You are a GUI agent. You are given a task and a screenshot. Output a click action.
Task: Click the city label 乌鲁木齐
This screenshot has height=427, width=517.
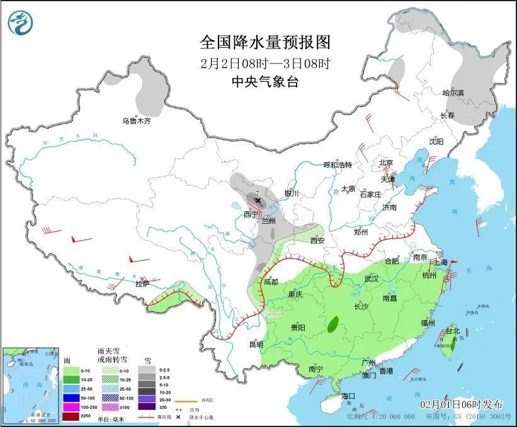click(x=137, y=120)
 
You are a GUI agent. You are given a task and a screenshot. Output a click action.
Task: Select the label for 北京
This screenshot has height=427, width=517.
click(x=386, y=163)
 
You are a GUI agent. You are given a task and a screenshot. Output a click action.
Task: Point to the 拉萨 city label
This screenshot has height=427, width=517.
click(x=142, y=284)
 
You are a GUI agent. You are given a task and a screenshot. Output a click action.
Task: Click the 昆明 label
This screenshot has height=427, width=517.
click(x=255, y=344)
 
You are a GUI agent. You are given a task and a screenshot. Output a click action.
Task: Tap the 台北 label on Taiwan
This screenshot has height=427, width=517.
click(x=453, y=331)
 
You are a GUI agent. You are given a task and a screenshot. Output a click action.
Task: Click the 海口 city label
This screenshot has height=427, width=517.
click(x=349, y=396)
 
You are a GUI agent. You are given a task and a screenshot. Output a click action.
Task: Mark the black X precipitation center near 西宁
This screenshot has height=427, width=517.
click(x=258, y=201)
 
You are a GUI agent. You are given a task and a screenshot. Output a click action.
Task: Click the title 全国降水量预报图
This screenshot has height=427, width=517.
click(x=264, y=42)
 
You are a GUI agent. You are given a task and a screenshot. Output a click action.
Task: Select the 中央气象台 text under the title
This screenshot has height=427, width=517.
click(x=264, y=81)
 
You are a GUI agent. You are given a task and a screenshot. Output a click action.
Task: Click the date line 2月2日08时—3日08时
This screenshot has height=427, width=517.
click(x=264, y=63)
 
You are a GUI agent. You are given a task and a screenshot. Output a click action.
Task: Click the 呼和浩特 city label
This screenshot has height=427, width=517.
click(x=338, y=165)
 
